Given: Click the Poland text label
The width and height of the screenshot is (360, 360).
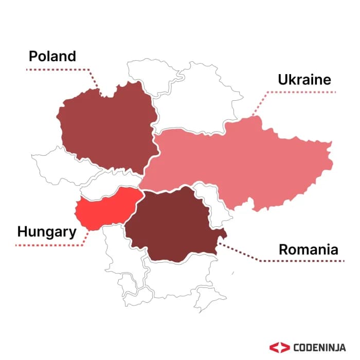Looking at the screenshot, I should coord(52,56).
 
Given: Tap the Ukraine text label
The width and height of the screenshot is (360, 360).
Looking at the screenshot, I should coord(304,80).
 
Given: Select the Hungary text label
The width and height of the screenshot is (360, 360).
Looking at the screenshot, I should coord(46,231).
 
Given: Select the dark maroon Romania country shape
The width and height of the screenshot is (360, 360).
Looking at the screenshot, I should coord(172,224).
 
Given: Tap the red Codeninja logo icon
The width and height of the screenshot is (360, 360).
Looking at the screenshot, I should coord(278,347).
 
